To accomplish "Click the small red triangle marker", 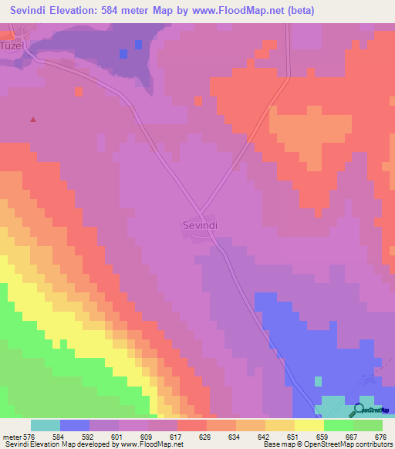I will point(32,120).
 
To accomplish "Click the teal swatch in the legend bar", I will point(46,425).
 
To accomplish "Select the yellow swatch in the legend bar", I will point(309,425).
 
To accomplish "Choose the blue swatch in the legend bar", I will point(75,425).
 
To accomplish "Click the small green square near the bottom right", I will point(318,380).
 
